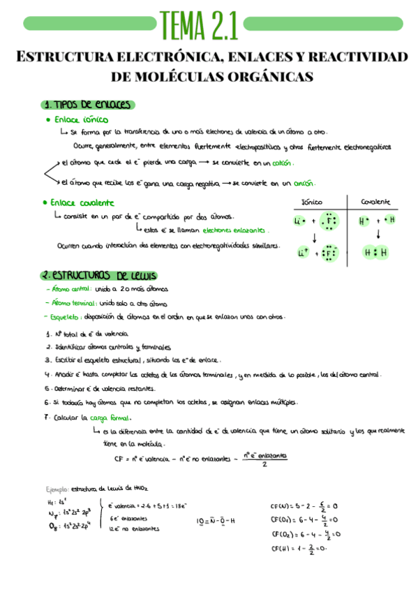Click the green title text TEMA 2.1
[x=199, y=27]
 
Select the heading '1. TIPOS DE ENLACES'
[x=87, y=105]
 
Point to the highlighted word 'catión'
[x=282, y=163]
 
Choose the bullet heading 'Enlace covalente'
[x=82, y=202]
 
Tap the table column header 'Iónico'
[x=311, y=202]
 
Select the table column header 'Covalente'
[x=375, y=202]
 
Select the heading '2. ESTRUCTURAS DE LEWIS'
[x=98, y=275]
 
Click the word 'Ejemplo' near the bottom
[x=57, y=490]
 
